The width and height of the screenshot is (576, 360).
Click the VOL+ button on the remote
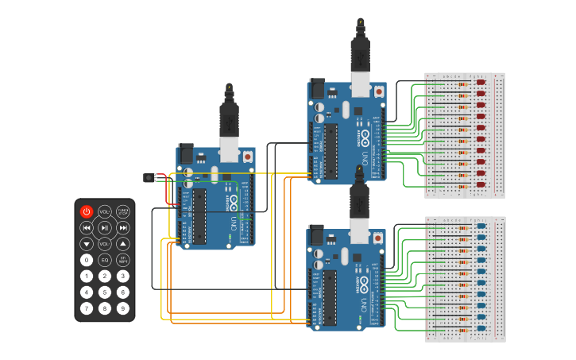pyautogui.click(x=105, y=211)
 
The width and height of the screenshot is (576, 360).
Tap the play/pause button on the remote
pyautogui.click(x=105, y=228)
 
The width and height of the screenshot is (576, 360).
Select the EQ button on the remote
pyautogui.click(x=105, y=260)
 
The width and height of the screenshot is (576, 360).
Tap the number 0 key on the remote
pyautogui.click(x=87, y=260)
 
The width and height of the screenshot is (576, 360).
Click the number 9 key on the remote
pyautogui.click(x=123, y=308)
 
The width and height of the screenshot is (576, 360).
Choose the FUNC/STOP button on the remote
pyautogui.click(x=123, y=211)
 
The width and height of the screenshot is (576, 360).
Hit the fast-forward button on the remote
pyautogui.click(x=123, y=228)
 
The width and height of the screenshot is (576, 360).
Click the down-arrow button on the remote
pyautogui.click(x=87, y=244)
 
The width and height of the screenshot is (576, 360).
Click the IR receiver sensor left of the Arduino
pyautogui.click(x=148, y=177)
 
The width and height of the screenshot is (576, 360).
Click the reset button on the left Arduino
pyautogui.click(x=248, y=157)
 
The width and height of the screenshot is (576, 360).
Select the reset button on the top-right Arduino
pyautogui.click(x=379, y=91)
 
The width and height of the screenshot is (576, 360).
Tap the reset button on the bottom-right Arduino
pyautogui.click(x=379, y=238)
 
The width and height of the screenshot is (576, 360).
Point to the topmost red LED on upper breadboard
pyautogui.click(x=481, y=82)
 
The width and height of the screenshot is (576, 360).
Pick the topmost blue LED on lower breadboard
pyautogui.click(x=481, y=226)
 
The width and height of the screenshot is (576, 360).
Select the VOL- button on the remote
pyautogui.click(x=105, y=244)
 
